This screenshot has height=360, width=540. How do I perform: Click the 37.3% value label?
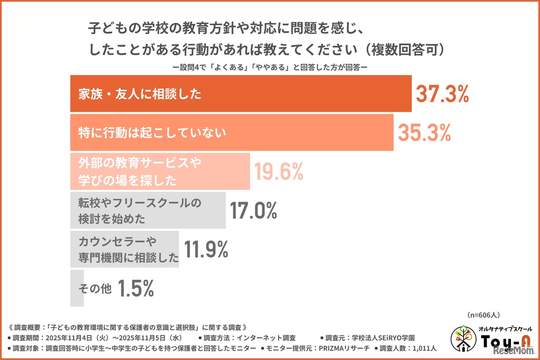click(442, 94)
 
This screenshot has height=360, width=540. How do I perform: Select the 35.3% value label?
click(424, 133)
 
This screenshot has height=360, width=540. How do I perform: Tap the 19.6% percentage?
click(278, 172)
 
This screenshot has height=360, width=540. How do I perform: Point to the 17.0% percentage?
click(253, 211)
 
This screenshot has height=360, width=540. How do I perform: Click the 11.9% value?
click(205, 249)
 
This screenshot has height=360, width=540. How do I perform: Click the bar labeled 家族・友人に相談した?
click(240, 94)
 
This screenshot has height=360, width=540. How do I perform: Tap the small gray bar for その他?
click(77, 289)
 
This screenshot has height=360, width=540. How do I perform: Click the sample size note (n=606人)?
click(484, 315)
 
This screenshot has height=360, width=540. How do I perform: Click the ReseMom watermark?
click(511, 351)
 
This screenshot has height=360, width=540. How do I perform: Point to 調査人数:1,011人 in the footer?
click(408, 348)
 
